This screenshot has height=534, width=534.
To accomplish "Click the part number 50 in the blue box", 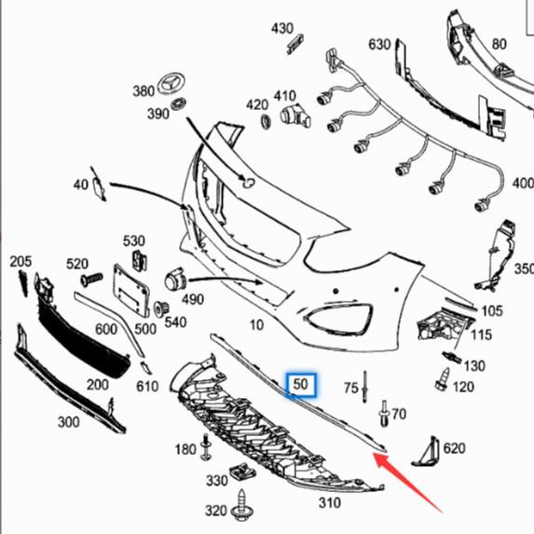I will click(x=301, y=383).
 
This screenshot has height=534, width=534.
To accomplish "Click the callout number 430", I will click(x=282, y=29).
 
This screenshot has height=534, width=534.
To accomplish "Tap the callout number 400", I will click(x=523, y=184).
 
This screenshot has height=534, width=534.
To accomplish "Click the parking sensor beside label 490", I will click(x=174, y=281).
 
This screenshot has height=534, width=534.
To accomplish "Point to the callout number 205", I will click(x=20, y=261).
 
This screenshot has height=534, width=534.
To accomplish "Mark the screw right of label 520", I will click(x=91, y=279).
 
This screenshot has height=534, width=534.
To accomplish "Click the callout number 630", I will click(x=379, y=44).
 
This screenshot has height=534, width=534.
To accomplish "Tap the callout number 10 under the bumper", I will click(x=256, y=325).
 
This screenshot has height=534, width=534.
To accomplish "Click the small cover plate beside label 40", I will click(x=97, y=186).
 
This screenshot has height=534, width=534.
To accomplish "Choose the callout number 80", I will click(x=500, y=44).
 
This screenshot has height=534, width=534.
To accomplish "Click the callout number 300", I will click(x=68, y=422).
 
